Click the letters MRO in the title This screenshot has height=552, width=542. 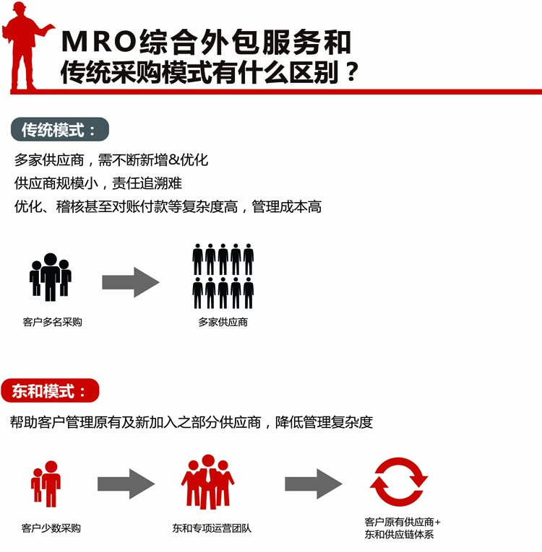[x=99, y=42]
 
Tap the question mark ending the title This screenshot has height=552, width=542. [x=351, y=72]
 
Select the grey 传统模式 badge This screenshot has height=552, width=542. [x=60, y=130]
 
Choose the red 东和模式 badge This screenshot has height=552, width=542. [x=50, y=390]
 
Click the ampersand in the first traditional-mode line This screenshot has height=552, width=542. [x=174, y=160]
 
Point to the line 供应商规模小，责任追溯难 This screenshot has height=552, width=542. [x=98, y=183]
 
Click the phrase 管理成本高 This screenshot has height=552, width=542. [x=286, y=206]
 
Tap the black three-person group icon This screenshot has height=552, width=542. [x=51, y=277]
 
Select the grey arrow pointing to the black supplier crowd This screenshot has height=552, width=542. [x=131, y=282]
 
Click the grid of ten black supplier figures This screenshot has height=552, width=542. [x=223, y=276]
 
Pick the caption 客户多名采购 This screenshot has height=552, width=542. [x=52, y=322]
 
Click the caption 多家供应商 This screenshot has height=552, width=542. [x=223, y=322]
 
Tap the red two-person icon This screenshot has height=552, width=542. [x=46, y=483]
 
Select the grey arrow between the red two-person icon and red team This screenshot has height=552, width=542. [x=126, y=483]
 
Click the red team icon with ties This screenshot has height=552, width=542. [x=207, y=481]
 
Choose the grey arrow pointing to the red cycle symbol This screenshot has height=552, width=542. [x=314, y=483]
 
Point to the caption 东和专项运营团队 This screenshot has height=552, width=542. [x=212, y=528]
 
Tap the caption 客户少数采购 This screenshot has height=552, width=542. [x=51, y=528]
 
